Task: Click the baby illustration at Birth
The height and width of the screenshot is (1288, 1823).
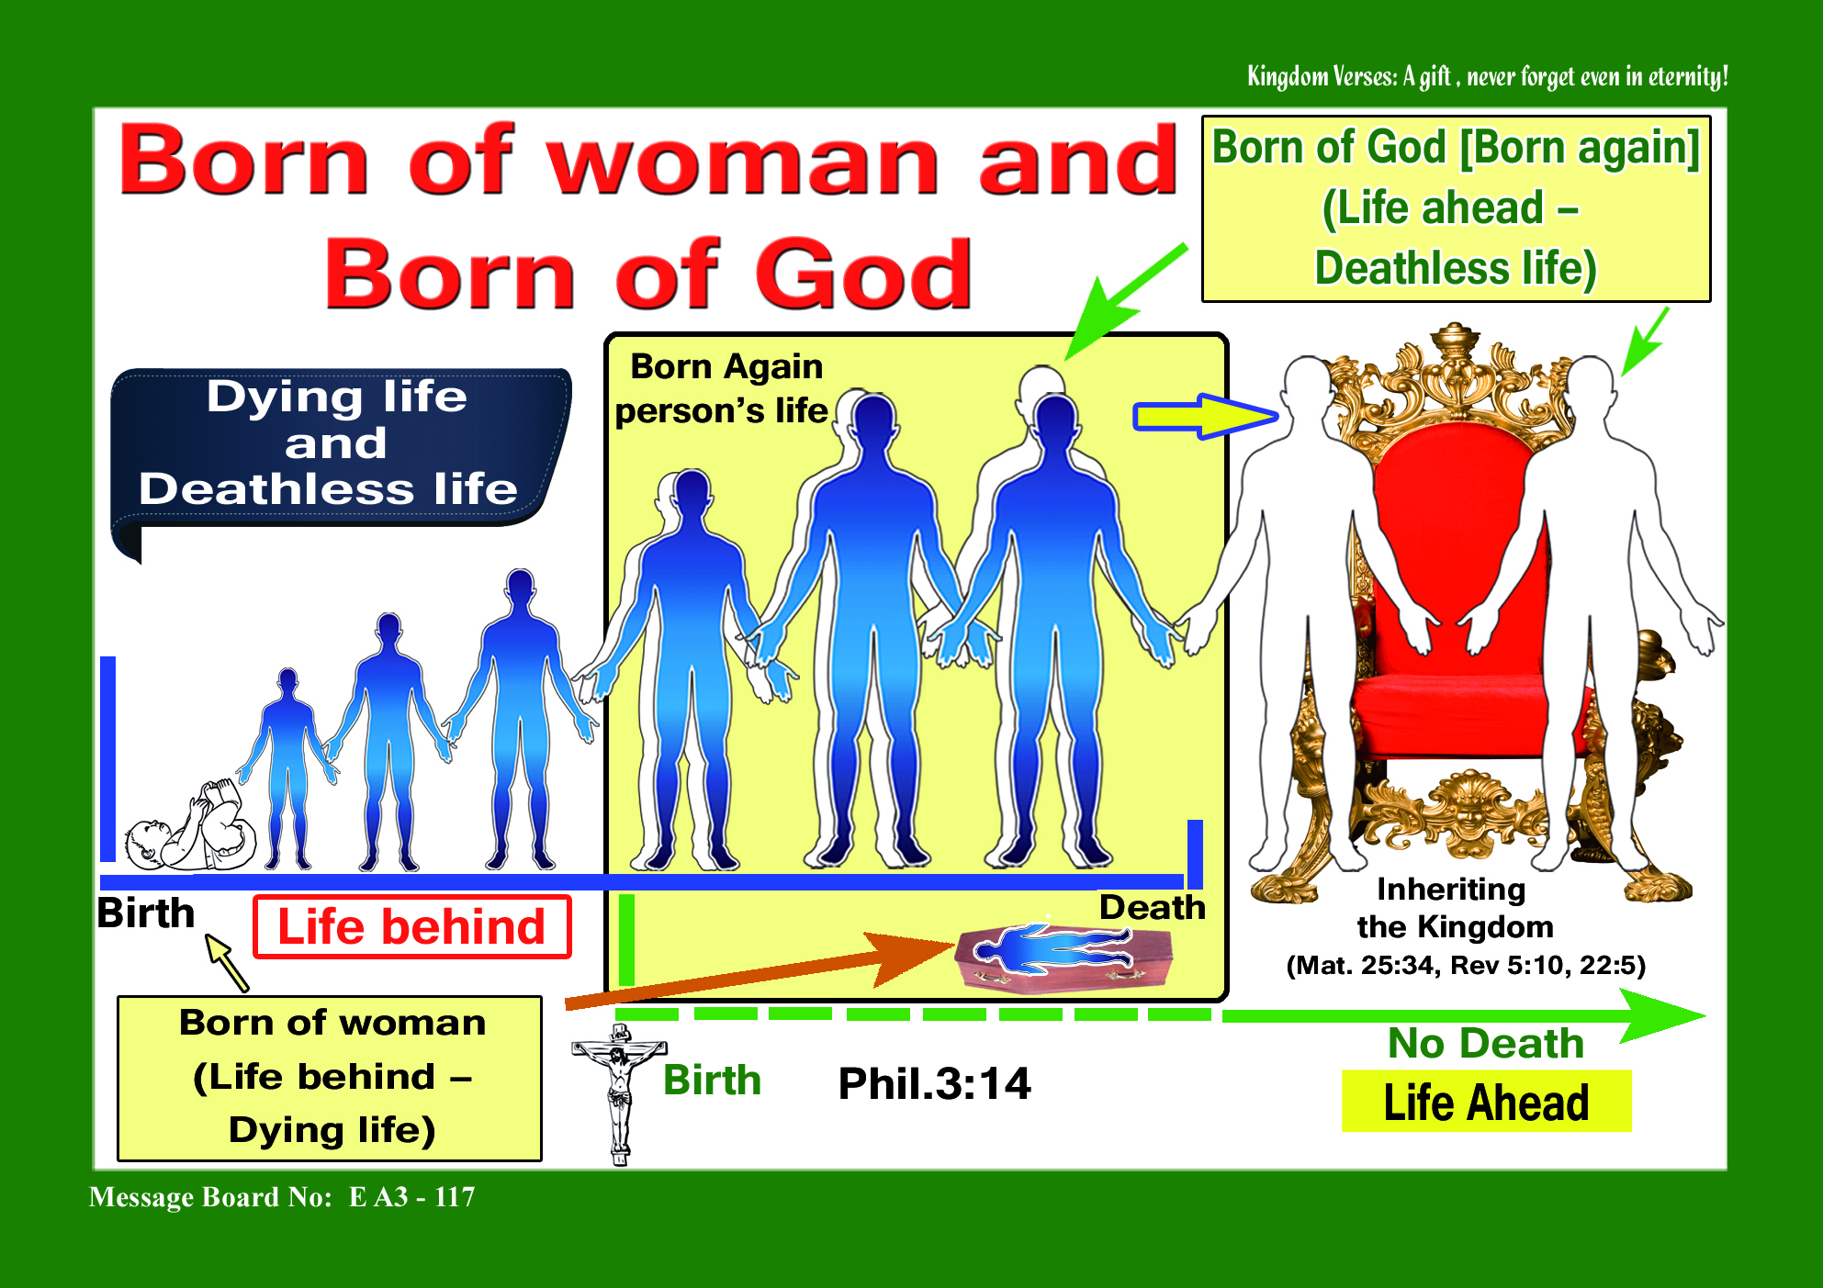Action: tap(191, 826)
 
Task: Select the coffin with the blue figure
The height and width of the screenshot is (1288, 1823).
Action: tap(1063, 958)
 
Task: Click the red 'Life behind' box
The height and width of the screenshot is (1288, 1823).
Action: tap(411, 926)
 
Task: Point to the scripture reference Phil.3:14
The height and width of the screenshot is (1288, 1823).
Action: tap(934, 1083)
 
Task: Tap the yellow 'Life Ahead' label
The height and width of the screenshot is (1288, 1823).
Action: tap(1486, 1102)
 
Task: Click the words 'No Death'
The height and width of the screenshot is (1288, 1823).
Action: tap(1486, 1043)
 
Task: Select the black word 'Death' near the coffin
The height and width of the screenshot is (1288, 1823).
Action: tap(1153, 907)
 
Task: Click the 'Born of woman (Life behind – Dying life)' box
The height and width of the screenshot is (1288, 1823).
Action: tap(330, 1078)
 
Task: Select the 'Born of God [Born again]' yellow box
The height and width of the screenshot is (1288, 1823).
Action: tap(1456, 208)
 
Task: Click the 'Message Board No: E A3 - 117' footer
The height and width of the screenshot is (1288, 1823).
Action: tap(282, 1197)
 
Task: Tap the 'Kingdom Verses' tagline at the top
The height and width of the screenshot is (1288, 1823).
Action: tap(1487, 75)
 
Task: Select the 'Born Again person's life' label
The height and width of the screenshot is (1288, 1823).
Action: tap(724, 388)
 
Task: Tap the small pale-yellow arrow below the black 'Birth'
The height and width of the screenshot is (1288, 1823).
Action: tap(226, 962)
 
